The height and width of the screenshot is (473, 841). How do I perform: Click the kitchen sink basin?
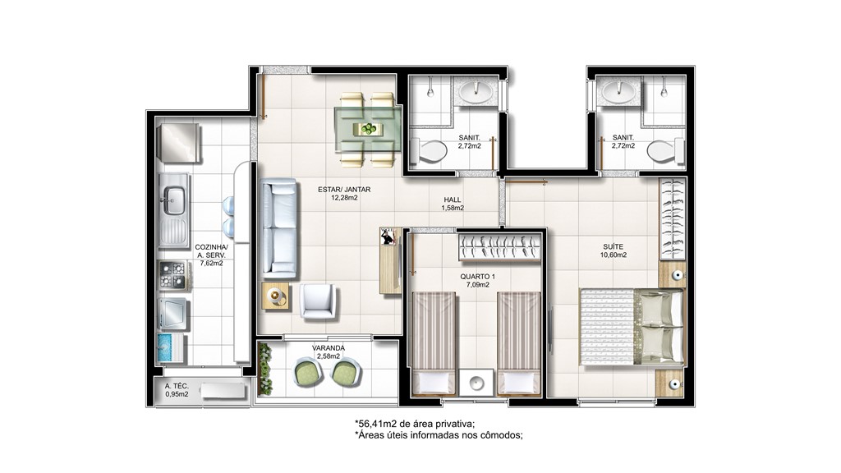[174, 200]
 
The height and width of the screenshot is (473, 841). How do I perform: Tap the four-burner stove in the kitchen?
[173, 275]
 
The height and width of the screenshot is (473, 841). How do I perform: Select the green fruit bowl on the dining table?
[369, 129]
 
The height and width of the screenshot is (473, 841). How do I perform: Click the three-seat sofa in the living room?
[278, 228]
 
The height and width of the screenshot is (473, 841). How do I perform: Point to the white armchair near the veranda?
[318, 301]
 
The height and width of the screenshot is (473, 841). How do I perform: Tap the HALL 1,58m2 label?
[453, 204]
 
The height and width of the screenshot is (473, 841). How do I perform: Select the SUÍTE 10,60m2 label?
[613, 251]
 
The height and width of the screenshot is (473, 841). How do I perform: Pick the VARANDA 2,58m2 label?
[329, 351]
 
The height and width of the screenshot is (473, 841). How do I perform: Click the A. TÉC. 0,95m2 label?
[177, 390]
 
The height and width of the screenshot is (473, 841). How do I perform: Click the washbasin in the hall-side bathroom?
[475, 91]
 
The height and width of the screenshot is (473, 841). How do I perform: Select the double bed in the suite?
[632, 327]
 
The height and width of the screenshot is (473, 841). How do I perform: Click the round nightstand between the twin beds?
[476, 383]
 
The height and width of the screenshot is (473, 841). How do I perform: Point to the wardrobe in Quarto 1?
[499, 247]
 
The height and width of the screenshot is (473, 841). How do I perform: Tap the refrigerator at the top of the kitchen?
[179, 143]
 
